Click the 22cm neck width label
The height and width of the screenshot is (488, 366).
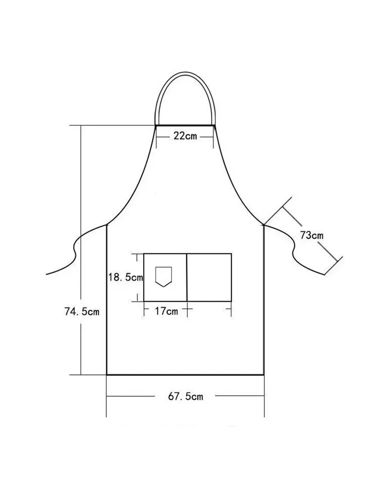185,136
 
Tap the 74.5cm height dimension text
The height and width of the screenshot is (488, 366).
82,311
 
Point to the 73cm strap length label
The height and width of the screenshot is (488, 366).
312,235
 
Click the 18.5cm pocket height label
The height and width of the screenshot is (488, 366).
126,277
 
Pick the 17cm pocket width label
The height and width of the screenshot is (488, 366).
166,311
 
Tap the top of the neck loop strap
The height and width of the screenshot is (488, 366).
185,74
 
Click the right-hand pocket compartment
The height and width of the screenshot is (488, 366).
209,277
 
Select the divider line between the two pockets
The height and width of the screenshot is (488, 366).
187,277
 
